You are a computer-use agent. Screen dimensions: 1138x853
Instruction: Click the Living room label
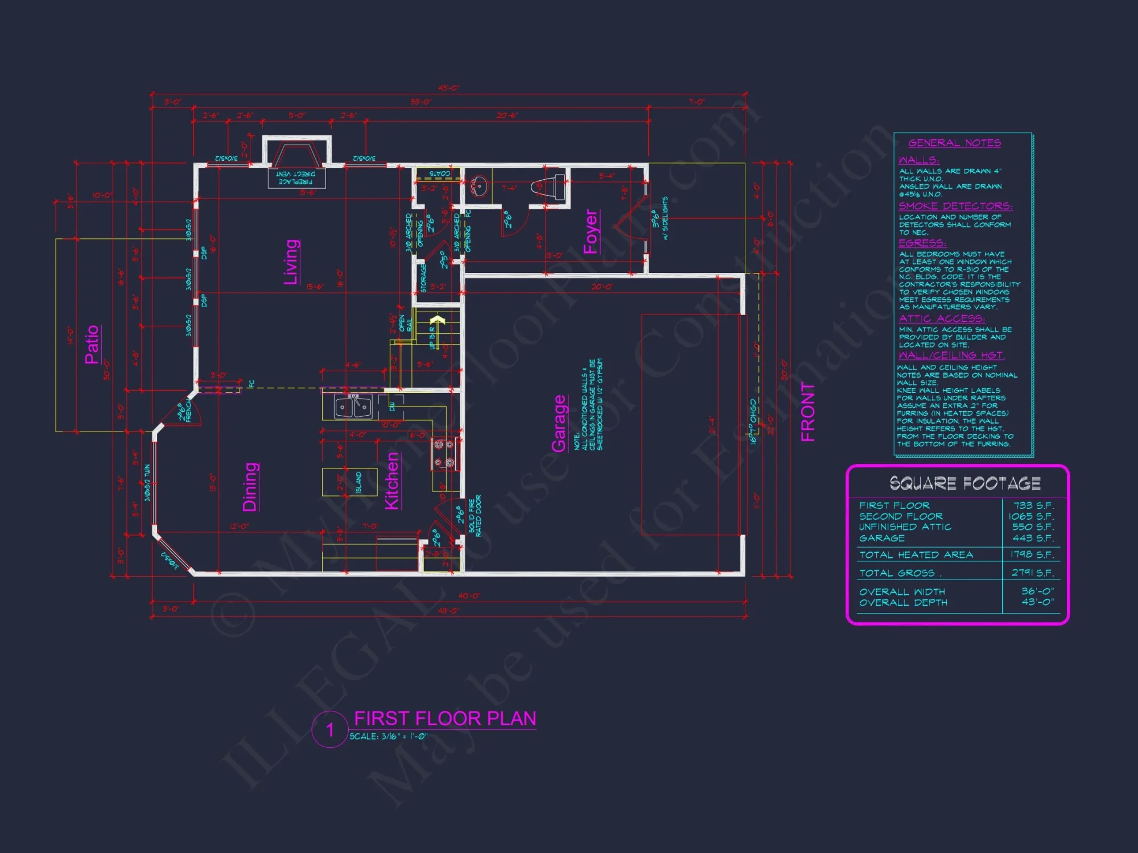(291, 262)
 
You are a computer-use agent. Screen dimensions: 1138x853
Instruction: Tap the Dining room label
(250, 487)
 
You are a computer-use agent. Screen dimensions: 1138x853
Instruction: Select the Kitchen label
(392, 481)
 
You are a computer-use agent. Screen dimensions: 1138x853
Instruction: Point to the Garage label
(559, 424)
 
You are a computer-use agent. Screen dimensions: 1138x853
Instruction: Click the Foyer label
(591, 231)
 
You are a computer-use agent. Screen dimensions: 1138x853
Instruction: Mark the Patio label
(92, 344)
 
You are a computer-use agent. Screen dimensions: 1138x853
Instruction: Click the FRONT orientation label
(808, 412)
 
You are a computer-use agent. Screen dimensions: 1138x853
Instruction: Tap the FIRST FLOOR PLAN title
(445, 719)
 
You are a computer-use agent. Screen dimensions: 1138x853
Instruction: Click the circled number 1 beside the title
(330, 730)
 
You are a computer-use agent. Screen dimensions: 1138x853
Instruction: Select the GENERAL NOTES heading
(954, 143)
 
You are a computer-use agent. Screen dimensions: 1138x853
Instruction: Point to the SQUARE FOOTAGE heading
(965, 483)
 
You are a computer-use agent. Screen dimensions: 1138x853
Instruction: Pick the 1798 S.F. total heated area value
(1032, 554)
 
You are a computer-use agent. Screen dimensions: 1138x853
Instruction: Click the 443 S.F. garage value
(1033, 538)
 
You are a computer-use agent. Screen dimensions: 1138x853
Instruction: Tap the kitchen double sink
(353, 407)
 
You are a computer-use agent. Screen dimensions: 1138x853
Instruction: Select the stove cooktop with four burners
(444, 454)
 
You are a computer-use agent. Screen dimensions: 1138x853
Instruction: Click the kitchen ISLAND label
(358, 482)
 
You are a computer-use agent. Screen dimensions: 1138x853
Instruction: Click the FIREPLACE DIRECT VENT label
(296, 178)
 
